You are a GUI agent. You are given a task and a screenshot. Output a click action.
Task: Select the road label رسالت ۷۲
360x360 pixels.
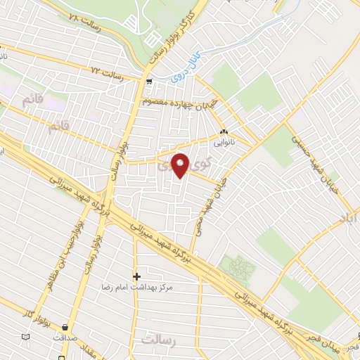(x=108, y=73)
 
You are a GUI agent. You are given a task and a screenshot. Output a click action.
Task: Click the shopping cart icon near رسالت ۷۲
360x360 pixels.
(x=148, y=82)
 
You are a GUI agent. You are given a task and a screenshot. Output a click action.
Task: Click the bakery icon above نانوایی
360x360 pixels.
(x=224, y=131)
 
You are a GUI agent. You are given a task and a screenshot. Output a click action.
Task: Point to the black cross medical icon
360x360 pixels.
(x=136, y=276)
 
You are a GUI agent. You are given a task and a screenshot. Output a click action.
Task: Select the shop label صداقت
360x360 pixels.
(x=65, y=337)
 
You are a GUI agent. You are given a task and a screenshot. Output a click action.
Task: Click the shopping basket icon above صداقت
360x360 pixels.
(x=65, y=327)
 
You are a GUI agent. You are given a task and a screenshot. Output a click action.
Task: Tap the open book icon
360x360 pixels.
(x=26, y=337)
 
